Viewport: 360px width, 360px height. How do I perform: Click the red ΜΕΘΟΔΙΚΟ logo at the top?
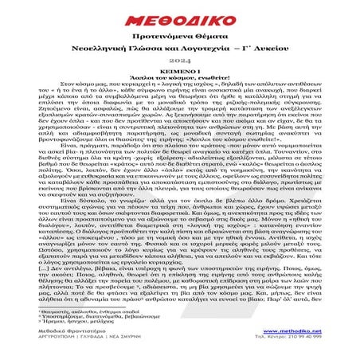pos(180,16)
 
